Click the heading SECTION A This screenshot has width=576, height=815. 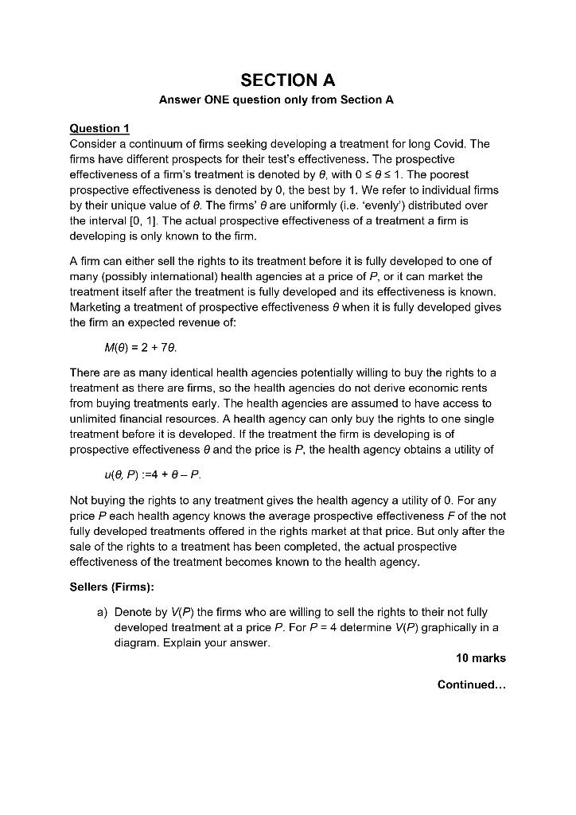287,80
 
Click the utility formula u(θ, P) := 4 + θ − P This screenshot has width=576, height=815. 148,474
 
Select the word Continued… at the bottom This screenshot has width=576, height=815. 471,684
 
